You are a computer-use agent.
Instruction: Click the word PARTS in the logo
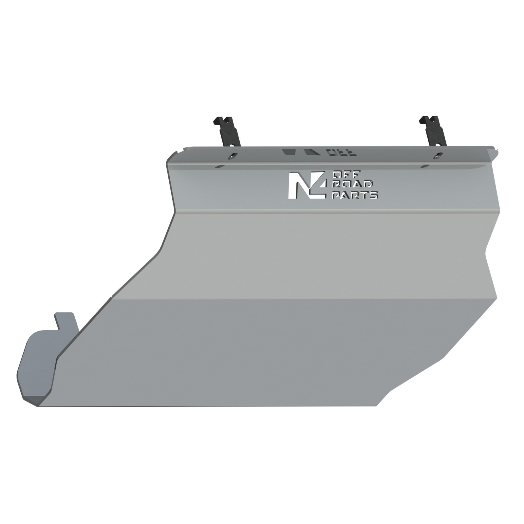click(x=355, y=195)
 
